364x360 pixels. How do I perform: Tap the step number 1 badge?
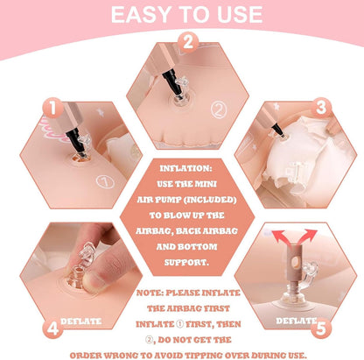tap(52, 108)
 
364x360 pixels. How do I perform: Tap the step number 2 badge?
tap(188, 42)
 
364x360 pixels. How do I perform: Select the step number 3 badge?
tap(321, 108)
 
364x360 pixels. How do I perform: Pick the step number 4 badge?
tap(52, 328)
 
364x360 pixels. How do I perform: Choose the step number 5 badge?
tap(321, 328)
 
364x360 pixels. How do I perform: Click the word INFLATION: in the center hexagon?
tap(186, 168)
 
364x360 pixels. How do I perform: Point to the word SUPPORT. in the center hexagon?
tap(186, 262)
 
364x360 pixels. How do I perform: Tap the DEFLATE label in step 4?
tap(81, 321)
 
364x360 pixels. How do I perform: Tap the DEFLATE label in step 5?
tap(297, 321)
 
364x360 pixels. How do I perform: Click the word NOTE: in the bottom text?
tap(150, 293)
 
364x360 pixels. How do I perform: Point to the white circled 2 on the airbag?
tap(219, 109)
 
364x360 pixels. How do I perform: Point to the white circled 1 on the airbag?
tap(105, 181)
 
